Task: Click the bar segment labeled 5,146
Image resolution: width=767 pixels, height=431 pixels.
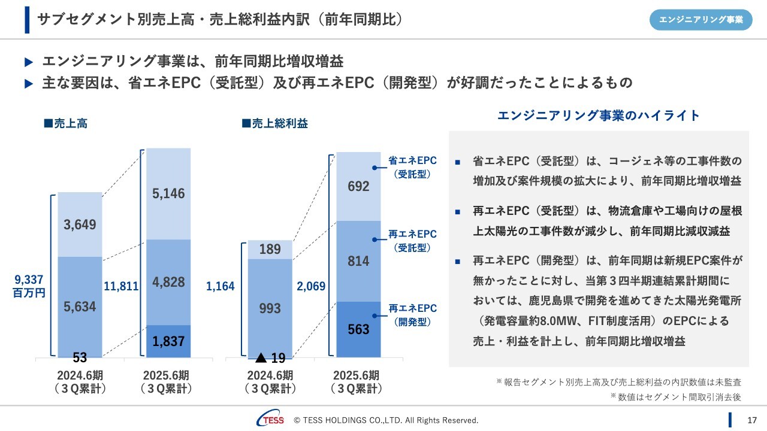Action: (168, 193)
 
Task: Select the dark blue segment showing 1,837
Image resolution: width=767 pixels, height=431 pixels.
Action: (168, 341)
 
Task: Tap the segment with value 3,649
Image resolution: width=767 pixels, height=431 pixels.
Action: (80, 224)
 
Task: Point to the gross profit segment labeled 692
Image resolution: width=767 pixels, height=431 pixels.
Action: (358, 186)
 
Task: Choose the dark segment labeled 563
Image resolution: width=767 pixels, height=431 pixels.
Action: (358, 329)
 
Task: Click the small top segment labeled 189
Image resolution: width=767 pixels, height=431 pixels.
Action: (270, 249)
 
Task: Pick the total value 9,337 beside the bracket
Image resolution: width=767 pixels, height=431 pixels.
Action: (29, 280)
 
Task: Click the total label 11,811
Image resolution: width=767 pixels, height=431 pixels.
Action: (121, 287)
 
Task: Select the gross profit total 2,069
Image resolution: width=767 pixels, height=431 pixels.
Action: (311, 287)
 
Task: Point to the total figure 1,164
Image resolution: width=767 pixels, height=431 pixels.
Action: (221, 287)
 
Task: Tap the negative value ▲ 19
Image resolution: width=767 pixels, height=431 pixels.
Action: (270, 359)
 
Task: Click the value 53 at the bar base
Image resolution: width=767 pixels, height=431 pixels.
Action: (80, 358)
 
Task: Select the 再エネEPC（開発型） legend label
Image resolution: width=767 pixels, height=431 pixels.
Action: (412, 315)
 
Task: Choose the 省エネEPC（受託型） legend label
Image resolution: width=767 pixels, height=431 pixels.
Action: (412, 167)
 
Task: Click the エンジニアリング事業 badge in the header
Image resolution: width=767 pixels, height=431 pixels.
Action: (700, 20)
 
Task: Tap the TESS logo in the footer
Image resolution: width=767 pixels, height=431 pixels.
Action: (270, 420)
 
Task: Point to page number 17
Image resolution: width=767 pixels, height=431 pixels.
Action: (753, 420)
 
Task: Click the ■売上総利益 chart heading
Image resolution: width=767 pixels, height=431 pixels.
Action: (274, 124)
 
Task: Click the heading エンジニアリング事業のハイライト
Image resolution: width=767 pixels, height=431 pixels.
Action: (599, 116)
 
